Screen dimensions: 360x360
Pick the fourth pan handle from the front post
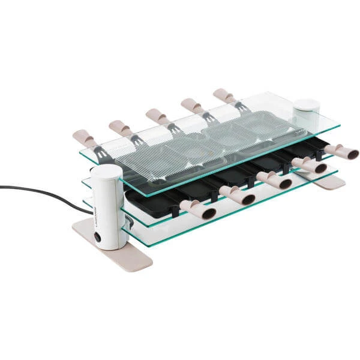click(x=309, y=165)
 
